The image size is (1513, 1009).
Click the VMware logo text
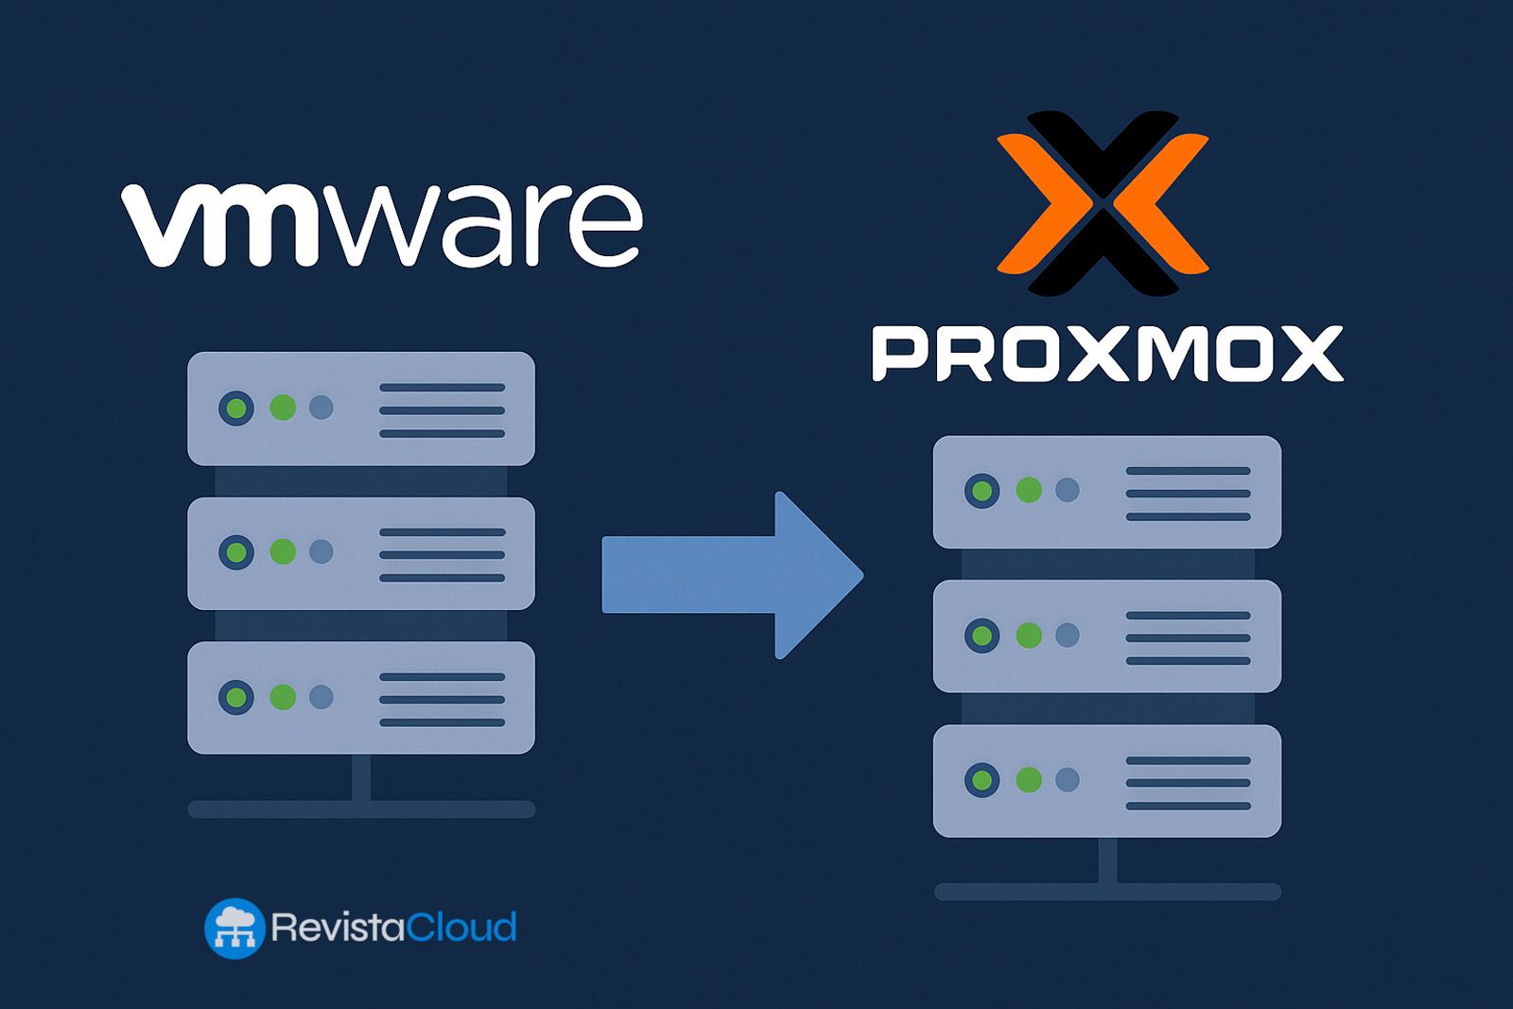click(382, 224)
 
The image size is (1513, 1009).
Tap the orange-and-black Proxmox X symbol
click(1103, 202)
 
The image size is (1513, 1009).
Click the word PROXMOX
click(1106, 354)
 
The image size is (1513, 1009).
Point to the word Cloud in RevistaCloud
click(461, 927)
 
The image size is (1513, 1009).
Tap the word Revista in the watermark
click(338, 927)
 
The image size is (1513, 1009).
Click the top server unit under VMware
click(360, 409)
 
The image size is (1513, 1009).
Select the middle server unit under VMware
click(360, 553)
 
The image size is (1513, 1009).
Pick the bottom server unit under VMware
click(360, 698)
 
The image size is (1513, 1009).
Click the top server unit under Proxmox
click(1106, 492)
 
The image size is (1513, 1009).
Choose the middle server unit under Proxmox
click(1106, 636)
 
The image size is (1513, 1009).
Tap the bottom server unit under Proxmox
click(1106, 781)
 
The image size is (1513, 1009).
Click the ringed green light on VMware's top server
click(236, 409)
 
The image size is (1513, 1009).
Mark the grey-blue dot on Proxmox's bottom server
click(1067, 780)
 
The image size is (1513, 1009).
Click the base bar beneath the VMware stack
click(360, 809)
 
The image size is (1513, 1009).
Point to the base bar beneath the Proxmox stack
click(1106, 892)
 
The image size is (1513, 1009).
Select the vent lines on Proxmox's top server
click(1188, 494)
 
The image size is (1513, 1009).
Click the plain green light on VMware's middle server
click(283, 552)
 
